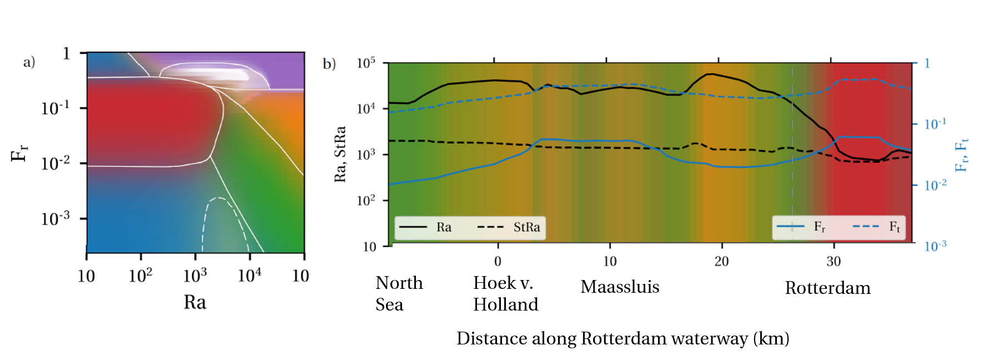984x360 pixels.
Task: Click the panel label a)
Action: (x=29, y=62)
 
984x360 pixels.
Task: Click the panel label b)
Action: (x=329, y=64)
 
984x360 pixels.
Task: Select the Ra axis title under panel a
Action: (x=195, y=302)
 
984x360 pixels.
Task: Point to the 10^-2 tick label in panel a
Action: (x=56, y=163)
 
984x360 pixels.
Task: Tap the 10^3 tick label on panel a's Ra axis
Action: (x=195, y=275)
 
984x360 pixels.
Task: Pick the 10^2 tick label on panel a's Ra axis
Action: (x=140, y=275)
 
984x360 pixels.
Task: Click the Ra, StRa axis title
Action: (x=340, y=154)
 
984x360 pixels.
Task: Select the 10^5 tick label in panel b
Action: (x=366, y=62)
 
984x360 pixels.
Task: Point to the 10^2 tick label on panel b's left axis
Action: (x=366, y=200)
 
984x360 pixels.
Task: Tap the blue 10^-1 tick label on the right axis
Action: (x=935, y=123)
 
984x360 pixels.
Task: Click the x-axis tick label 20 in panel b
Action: (x=721, y=261)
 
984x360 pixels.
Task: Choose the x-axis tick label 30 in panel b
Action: (x=834, y=261)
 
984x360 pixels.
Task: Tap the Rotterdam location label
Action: (x=827, y=288)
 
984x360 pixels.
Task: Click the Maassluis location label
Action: (x=620, y=287)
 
